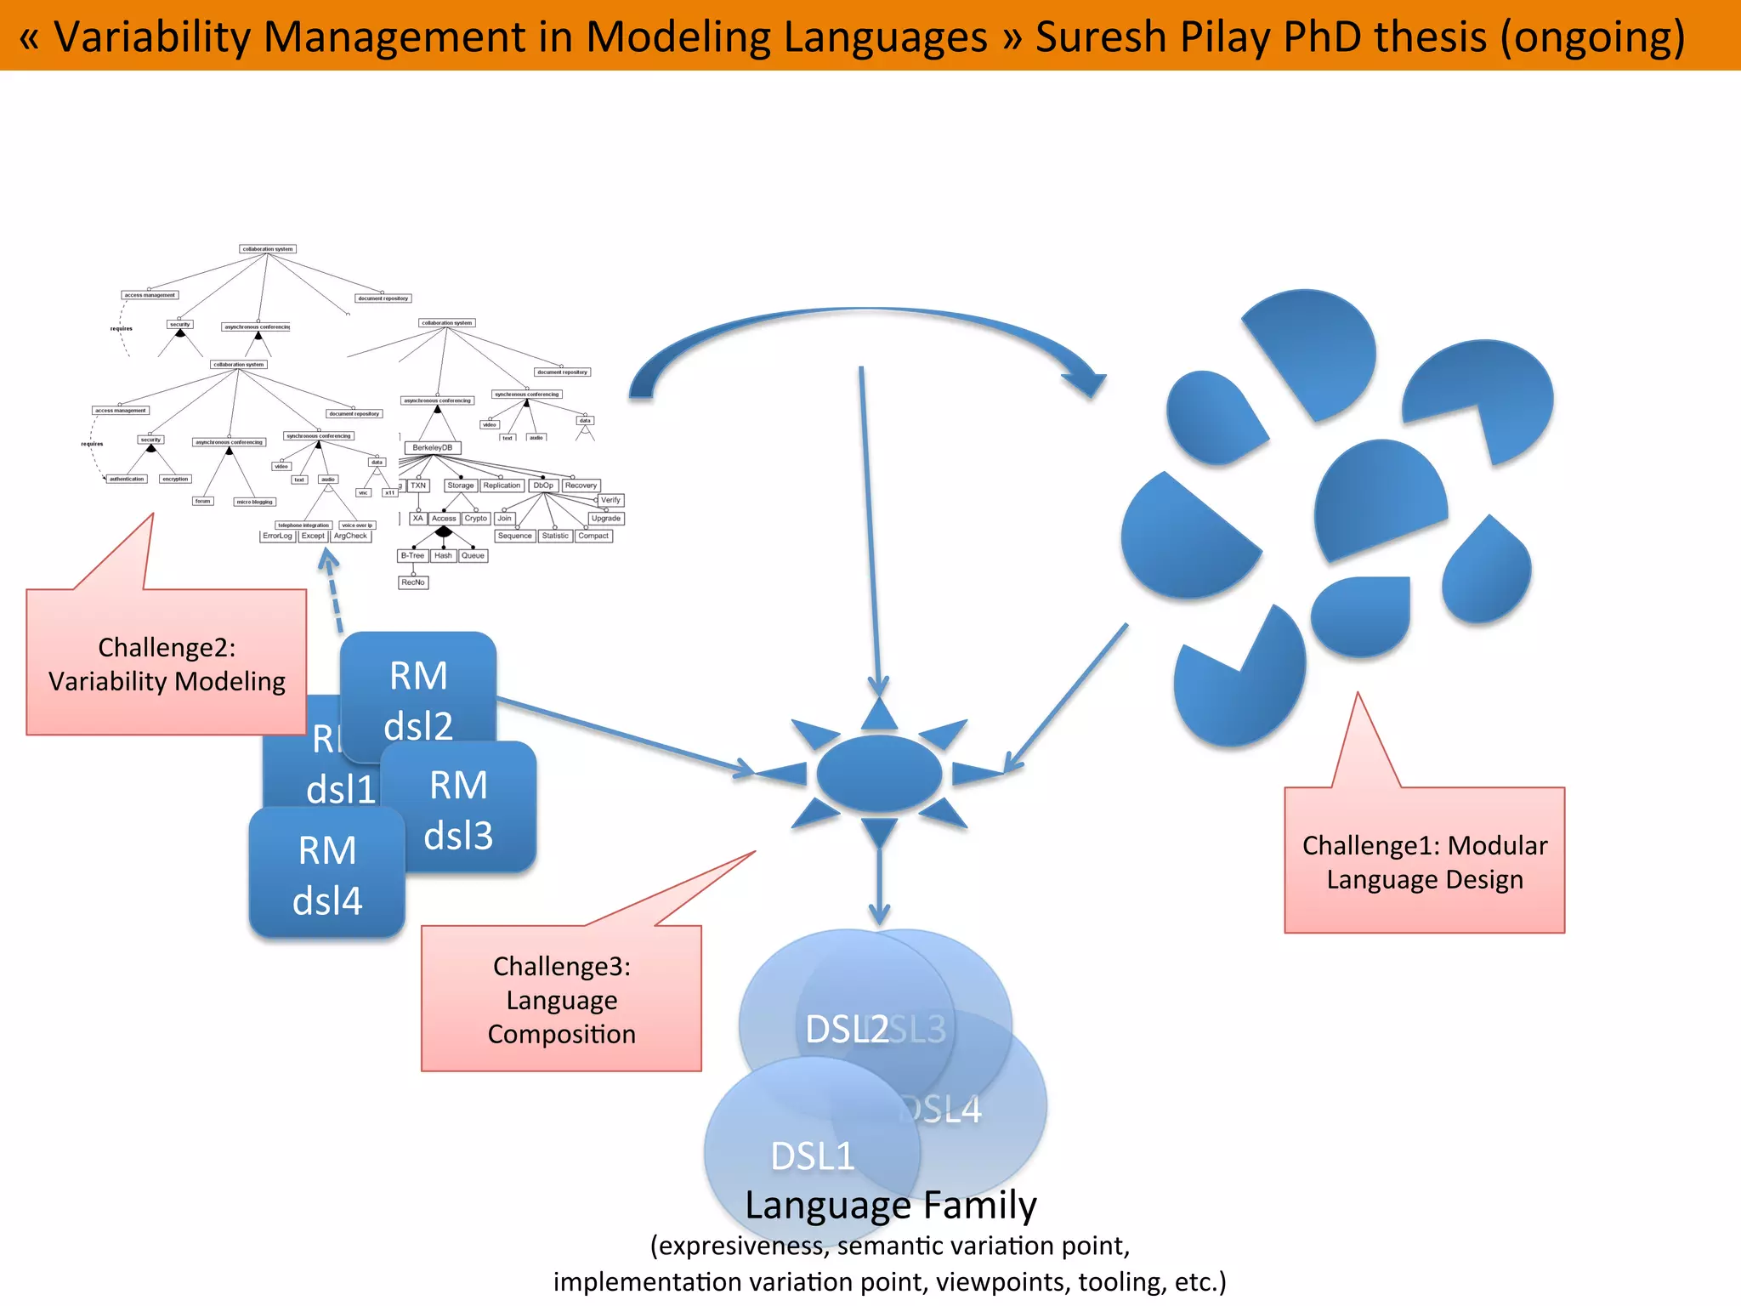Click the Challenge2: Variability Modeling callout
167,663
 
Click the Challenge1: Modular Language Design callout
1424,860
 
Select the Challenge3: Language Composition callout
561,999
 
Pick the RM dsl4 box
326,876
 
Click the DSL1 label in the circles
812,1156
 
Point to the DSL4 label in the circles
944,1110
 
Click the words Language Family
890,1205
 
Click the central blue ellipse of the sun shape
879,773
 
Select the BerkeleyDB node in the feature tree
433,447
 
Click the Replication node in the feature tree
502,485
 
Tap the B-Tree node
412,555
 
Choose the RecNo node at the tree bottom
413,582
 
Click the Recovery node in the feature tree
581,485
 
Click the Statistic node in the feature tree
555,536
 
